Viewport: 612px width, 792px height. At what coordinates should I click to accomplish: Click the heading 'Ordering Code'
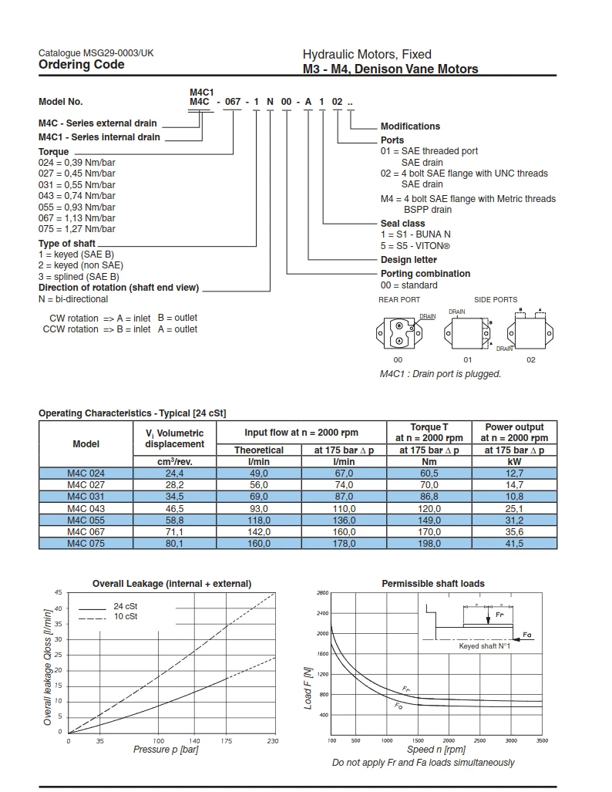81,66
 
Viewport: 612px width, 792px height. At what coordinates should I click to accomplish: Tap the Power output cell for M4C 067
514,531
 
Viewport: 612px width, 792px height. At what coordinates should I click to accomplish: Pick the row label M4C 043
86,508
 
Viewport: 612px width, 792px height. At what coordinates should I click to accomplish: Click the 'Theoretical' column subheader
259,450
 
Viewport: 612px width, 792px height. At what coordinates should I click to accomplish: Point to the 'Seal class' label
402,224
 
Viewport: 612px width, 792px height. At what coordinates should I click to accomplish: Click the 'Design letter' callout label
409,260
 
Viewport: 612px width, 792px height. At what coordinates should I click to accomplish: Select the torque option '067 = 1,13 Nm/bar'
76,218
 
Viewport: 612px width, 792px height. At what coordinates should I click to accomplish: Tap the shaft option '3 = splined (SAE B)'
79,276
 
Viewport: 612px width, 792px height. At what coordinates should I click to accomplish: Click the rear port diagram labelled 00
398,333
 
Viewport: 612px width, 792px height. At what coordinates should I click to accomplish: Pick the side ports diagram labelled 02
530,332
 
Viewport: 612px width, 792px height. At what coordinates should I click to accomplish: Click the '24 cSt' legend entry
126,607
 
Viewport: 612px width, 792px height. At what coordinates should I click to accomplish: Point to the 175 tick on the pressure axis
226,741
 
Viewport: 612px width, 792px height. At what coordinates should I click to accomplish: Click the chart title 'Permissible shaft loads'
433,584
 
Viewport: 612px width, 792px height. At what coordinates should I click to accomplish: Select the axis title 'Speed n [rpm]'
436,750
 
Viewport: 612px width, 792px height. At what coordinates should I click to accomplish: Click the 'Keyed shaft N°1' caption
485,646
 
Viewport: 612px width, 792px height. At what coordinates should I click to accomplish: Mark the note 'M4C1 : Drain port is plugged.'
440,374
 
